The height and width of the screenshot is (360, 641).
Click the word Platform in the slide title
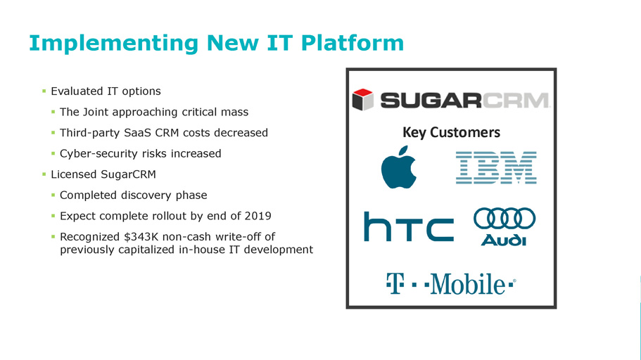(x=352, y=44)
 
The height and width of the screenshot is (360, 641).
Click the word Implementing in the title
(x=114, y=44)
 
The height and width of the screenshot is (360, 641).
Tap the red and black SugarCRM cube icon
(x=362, y=99)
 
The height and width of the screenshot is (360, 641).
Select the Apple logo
(x=398, y=167)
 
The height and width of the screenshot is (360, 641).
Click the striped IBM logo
(x=496, y=167)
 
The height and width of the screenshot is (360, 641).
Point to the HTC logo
(x=409, y=226)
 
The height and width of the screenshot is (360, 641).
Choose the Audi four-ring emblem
(x=504, y=218)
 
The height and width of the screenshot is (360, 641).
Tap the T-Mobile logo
(x=451, y=283)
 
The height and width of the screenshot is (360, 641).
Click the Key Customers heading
(x=451, y=132)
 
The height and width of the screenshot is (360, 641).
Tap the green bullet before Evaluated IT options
(x=44, y=91)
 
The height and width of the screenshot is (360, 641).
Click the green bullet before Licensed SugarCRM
(x=44, y=174)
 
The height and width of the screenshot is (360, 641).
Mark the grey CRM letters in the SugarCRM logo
(x=516, y=100)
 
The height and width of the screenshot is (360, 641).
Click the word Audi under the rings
(x=504, y=240)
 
